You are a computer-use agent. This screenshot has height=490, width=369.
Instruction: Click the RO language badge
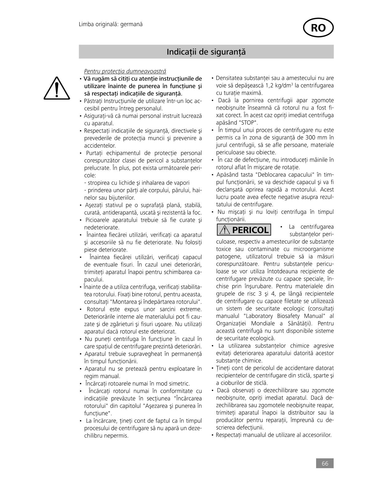pos(318,28)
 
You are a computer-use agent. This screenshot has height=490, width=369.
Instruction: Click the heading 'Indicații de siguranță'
pos(206,52)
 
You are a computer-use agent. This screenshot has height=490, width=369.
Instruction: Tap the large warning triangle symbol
pos(56,88)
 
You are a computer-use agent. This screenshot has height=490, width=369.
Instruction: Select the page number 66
pos(325,463)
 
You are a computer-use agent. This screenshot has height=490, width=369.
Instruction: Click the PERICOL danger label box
pos(244,230)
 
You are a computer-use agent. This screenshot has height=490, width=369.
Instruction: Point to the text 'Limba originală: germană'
pos(111,24)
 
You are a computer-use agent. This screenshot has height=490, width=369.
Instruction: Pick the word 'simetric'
pos(179,384)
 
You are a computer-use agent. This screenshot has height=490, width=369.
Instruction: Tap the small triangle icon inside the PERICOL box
pos(225,230)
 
